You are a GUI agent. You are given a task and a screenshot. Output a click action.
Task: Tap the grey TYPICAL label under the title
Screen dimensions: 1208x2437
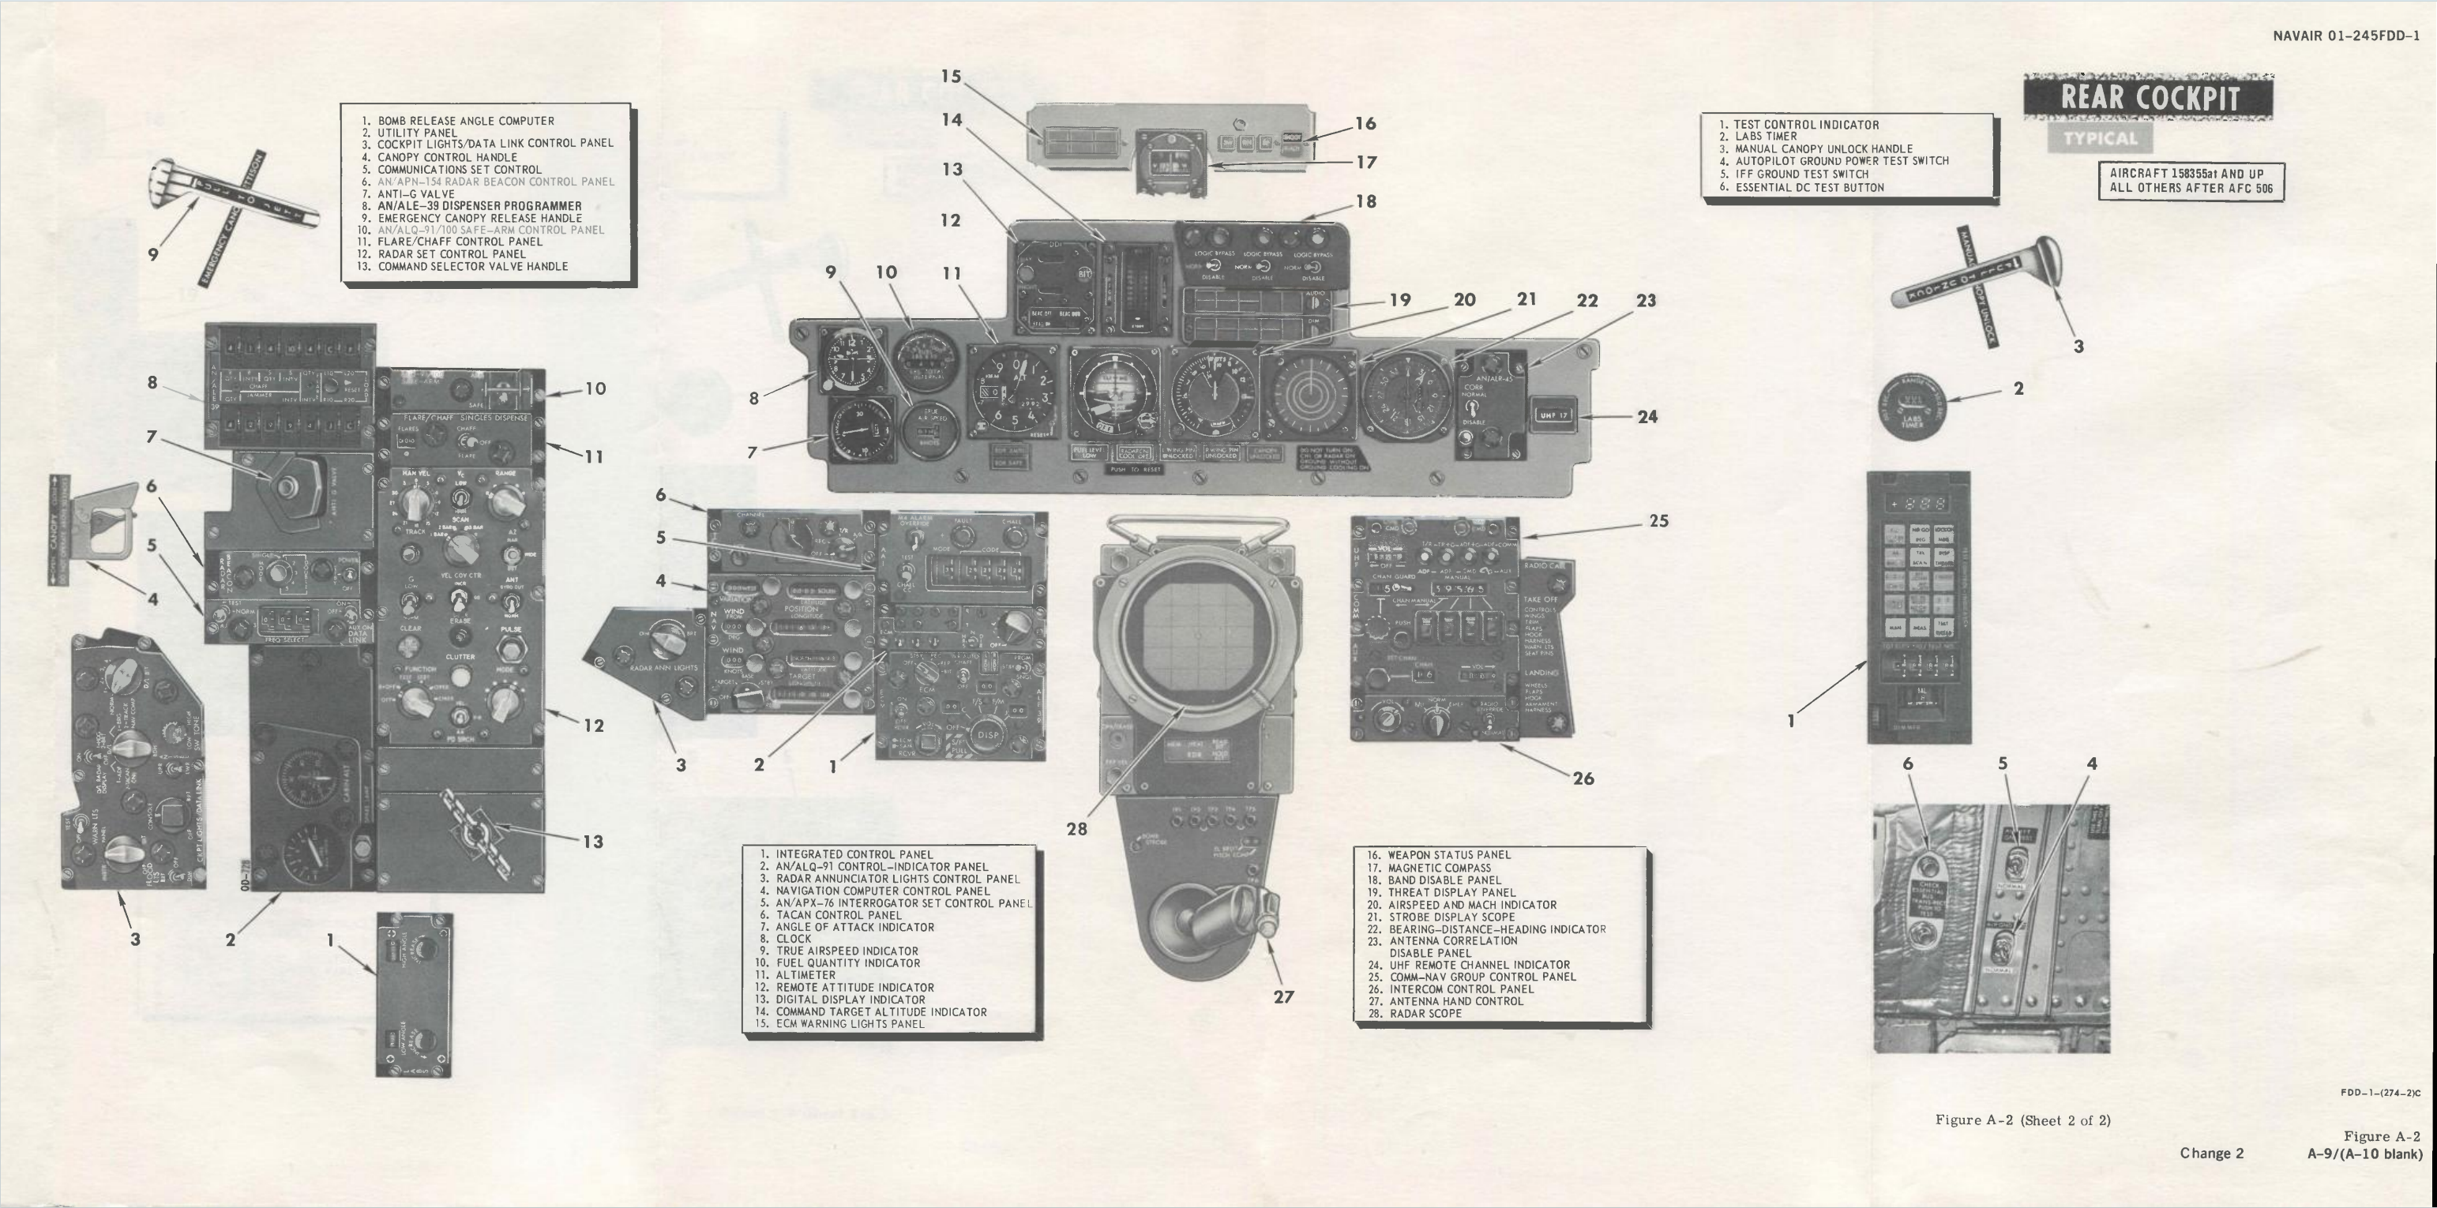(2101, 139)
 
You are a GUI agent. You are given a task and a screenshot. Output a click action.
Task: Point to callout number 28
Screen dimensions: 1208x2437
(1076, 829)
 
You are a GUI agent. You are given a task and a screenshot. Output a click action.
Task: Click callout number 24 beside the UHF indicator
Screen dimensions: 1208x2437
(1647, 416)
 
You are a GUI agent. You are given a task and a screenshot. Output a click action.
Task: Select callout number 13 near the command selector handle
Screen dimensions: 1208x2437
(592, 841)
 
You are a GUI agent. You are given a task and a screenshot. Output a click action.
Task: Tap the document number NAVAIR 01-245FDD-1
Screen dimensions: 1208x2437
(2345, 37)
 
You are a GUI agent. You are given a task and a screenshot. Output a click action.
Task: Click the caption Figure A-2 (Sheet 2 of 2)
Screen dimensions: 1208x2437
(2022, 1120)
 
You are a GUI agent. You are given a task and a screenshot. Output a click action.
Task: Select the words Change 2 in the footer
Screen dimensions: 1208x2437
(2212, 1154)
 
